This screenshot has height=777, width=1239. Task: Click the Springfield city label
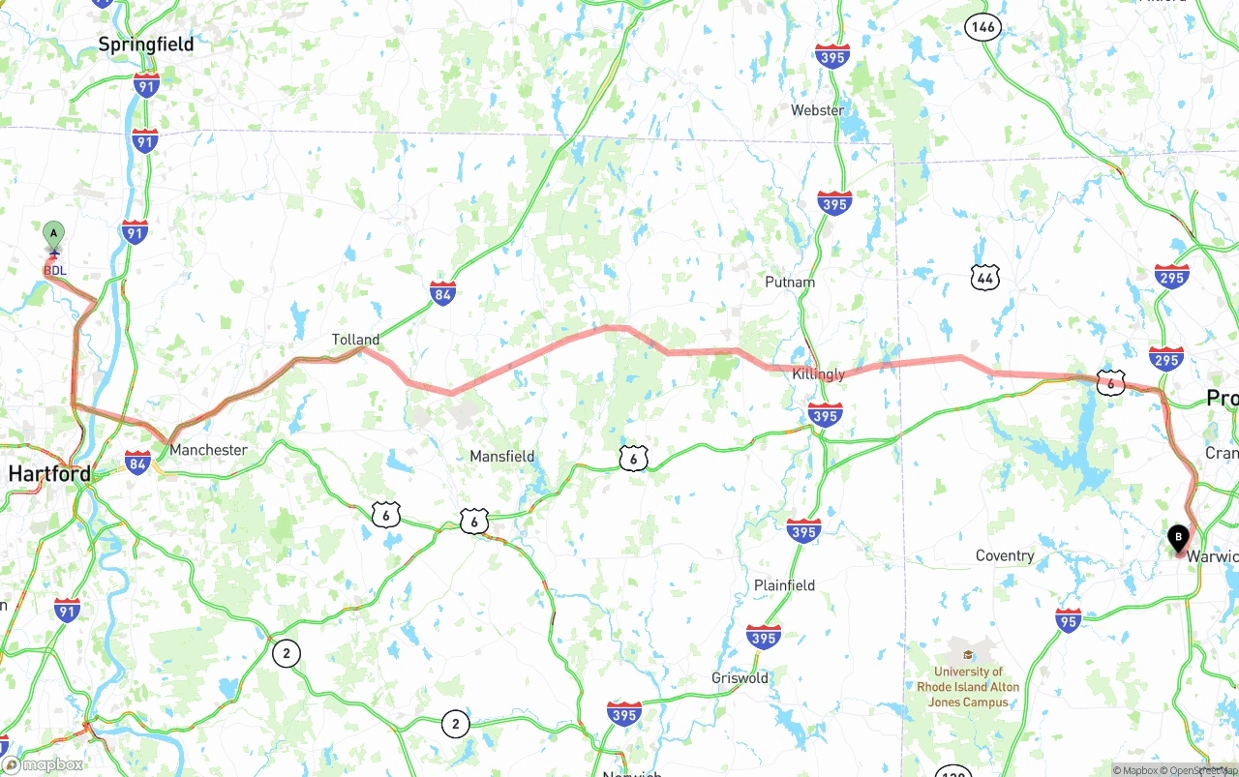146,45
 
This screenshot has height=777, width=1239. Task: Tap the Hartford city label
49,473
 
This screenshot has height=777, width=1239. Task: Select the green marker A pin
54,233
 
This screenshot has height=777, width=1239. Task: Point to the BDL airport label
55,270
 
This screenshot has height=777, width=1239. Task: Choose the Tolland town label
355,340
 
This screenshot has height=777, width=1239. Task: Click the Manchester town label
208,450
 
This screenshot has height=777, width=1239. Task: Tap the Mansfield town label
501,456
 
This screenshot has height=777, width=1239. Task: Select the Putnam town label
790,283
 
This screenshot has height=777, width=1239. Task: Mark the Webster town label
817,110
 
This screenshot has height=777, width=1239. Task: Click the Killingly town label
818,374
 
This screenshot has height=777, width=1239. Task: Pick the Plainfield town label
784,585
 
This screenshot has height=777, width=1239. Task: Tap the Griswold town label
740,678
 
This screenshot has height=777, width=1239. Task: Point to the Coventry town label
1005,555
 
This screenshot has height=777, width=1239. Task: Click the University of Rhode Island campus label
968,686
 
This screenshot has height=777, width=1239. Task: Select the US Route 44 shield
984,279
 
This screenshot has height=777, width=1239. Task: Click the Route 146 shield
982,27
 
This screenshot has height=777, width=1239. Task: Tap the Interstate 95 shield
1068,620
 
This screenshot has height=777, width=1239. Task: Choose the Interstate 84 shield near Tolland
442,293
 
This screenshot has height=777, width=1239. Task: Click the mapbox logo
43,765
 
